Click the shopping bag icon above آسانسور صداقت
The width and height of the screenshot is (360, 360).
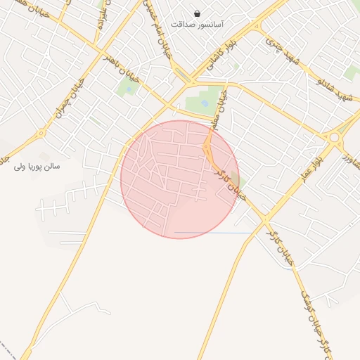(x=198, y=13)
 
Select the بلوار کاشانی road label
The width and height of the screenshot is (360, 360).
(x=224, y=53)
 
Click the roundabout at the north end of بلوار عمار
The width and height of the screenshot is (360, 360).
(x=333, y=138)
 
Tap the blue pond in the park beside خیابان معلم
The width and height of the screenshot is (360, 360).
(x=205, y=103)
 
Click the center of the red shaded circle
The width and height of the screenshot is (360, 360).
(x=180, y=179)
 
